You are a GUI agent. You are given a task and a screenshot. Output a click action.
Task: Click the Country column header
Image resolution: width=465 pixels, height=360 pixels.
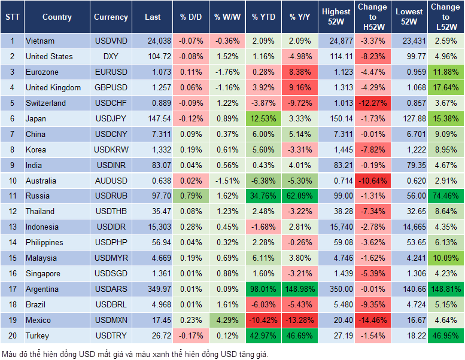click(57, 17)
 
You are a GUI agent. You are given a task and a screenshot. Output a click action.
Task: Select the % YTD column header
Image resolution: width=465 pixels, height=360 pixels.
click(263, 17)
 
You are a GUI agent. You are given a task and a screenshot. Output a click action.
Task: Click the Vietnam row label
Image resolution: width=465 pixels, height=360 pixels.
click(40, 41)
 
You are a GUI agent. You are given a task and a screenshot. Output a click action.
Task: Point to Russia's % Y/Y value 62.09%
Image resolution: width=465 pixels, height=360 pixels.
click(300, 196)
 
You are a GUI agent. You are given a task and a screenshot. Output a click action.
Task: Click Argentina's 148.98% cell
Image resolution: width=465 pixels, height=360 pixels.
click(300, 289)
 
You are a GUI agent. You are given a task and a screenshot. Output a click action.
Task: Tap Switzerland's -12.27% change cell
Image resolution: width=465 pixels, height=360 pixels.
click(372, 103)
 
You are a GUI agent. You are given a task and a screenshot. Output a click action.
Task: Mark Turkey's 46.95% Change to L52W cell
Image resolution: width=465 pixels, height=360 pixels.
click(445, 335)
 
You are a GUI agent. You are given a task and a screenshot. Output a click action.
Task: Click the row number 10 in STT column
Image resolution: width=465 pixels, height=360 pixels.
click(12, 180)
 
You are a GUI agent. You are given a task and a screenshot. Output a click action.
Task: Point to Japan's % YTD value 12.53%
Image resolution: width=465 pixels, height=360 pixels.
click(263, 118)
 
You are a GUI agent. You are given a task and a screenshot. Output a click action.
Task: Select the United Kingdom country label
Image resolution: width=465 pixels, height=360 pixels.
click(53, 87)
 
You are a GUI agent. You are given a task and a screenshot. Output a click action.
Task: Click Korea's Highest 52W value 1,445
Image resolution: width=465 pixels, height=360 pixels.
click(336, 150)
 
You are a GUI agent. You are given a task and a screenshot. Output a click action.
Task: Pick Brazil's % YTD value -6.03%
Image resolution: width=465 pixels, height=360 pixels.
click(263, 304)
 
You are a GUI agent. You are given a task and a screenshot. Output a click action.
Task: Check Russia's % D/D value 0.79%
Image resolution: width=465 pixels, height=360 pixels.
click(193, 196)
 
